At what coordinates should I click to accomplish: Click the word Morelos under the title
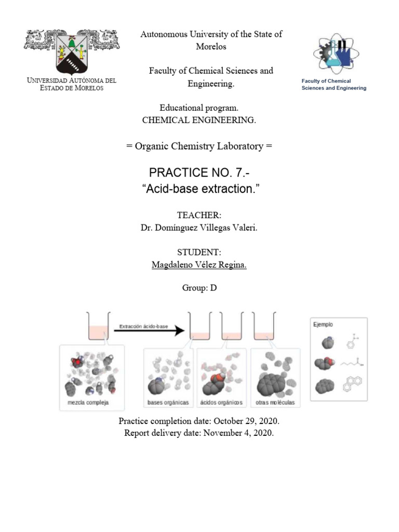pos(211,47)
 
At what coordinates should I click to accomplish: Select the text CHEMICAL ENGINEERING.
pos(199,120)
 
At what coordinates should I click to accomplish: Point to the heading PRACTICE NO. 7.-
pos(199,173)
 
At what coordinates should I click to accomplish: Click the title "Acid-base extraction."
pos(199,189)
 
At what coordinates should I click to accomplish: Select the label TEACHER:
pos(199,215)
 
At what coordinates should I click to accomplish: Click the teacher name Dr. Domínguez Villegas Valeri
pos(199,228)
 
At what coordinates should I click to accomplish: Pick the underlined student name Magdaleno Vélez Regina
pos(199,265)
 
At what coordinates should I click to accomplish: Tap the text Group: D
pos(199,288)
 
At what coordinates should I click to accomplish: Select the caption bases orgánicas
pos(168,403)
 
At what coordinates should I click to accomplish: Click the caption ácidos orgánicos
pos(222,403)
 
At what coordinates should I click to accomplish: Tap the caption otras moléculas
pos(275,403)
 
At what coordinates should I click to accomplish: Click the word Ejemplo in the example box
pos(323,324)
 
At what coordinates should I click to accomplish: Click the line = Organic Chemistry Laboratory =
pos(199,146)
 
